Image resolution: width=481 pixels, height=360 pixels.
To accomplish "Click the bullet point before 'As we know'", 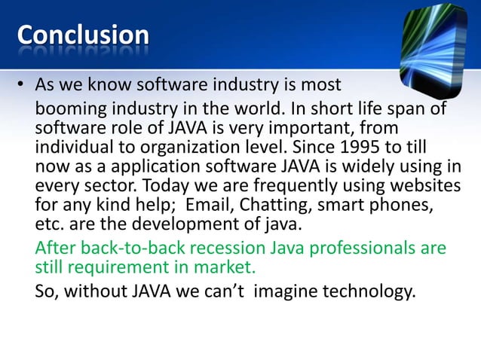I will [x=22, y=84].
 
